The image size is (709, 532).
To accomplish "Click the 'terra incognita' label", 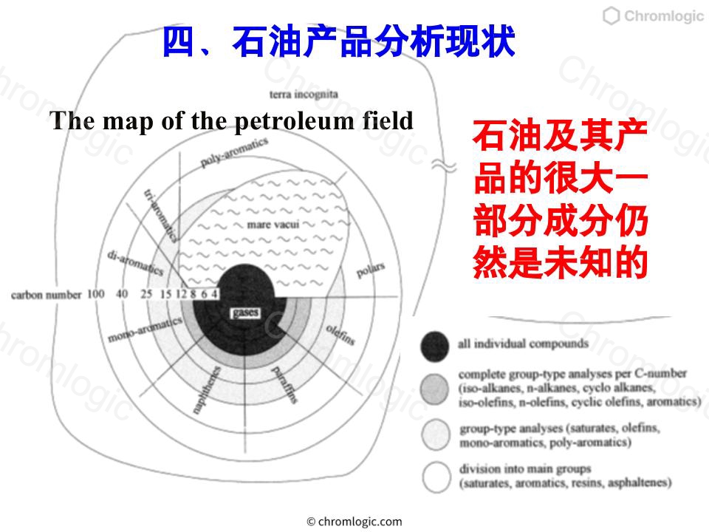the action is click(x=304, y=94).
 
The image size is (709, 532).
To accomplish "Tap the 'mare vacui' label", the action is click(x=273, y=225).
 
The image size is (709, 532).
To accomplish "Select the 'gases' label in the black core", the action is click(x=245, y=313).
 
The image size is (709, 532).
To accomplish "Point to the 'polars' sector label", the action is click(x=371, y=270).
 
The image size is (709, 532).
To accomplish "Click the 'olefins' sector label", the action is click(x=340, y=335).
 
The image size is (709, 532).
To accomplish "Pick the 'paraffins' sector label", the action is click(x=284, y=385).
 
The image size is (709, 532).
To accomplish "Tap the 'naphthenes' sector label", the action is click(x=207, y=390).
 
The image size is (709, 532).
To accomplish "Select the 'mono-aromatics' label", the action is click(x=145, y=329).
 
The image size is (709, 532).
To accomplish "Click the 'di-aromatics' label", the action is click(x=134, y=263).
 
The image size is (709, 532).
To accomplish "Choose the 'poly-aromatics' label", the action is click(x=234, y=152).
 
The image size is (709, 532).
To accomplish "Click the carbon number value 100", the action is click(x=95, y=294).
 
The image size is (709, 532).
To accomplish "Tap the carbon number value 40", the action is click(x=122, y=294).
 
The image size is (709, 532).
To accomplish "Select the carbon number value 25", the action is click(x=146, y=294).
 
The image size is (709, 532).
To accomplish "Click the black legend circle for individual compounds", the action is click(x=435, y=346).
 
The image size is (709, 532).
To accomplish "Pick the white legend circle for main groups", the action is click(x=436, y=477).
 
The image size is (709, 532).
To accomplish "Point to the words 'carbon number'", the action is click(x=46, y=295).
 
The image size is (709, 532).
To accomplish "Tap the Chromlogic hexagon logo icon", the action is click(x=611, y=16).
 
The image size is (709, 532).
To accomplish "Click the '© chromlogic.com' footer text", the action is click(x=354, y=522).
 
